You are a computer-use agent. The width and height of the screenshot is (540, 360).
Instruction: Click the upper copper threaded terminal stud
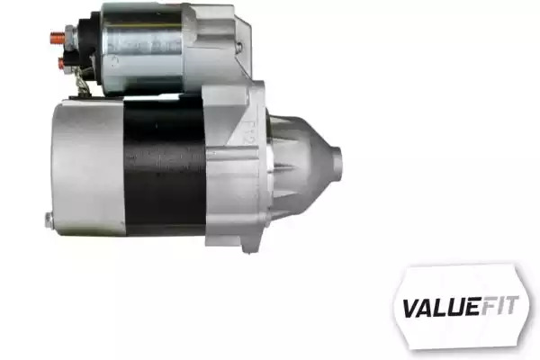coord(58,36)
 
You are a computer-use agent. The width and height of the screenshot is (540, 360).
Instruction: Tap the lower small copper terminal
coord(61,62)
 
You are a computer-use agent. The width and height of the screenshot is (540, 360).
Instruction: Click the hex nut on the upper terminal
coord(69,37)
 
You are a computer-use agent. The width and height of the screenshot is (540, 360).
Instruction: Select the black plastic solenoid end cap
coord(88,49)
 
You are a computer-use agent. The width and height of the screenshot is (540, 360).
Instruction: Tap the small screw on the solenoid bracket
coord(240,46)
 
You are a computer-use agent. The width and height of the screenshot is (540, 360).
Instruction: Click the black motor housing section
coord(165,166)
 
